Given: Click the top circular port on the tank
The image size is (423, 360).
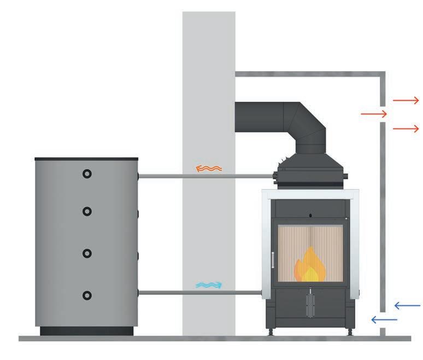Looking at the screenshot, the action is pos(87,174).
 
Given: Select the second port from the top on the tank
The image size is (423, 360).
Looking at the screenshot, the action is pos(87,211).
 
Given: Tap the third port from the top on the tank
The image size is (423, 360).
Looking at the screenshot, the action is pos(87,253).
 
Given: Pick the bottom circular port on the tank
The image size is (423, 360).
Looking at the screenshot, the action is pos(87,295).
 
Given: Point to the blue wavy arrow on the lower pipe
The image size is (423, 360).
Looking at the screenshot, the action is pos(209,285).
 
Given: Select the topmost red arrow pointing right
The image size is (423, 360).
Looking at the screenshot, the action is pos(406,100).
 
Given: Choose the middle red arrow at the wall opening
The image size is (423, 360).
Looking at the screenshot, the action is pos(374,114).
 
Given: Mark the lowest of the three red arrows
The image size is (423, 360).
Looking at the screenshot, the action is pos(406,129).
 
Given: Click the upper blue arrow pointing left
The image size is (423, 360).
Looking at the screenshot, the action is pos(407,305).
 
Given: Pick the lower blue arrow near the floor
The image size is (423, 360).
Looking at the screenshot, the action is pos(384,319).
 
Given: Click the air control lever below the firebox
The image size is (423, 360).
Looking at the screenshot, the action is pos(309,301).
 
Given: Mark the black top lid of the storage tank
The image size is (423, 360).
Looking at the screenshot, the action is pos(86,159).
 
